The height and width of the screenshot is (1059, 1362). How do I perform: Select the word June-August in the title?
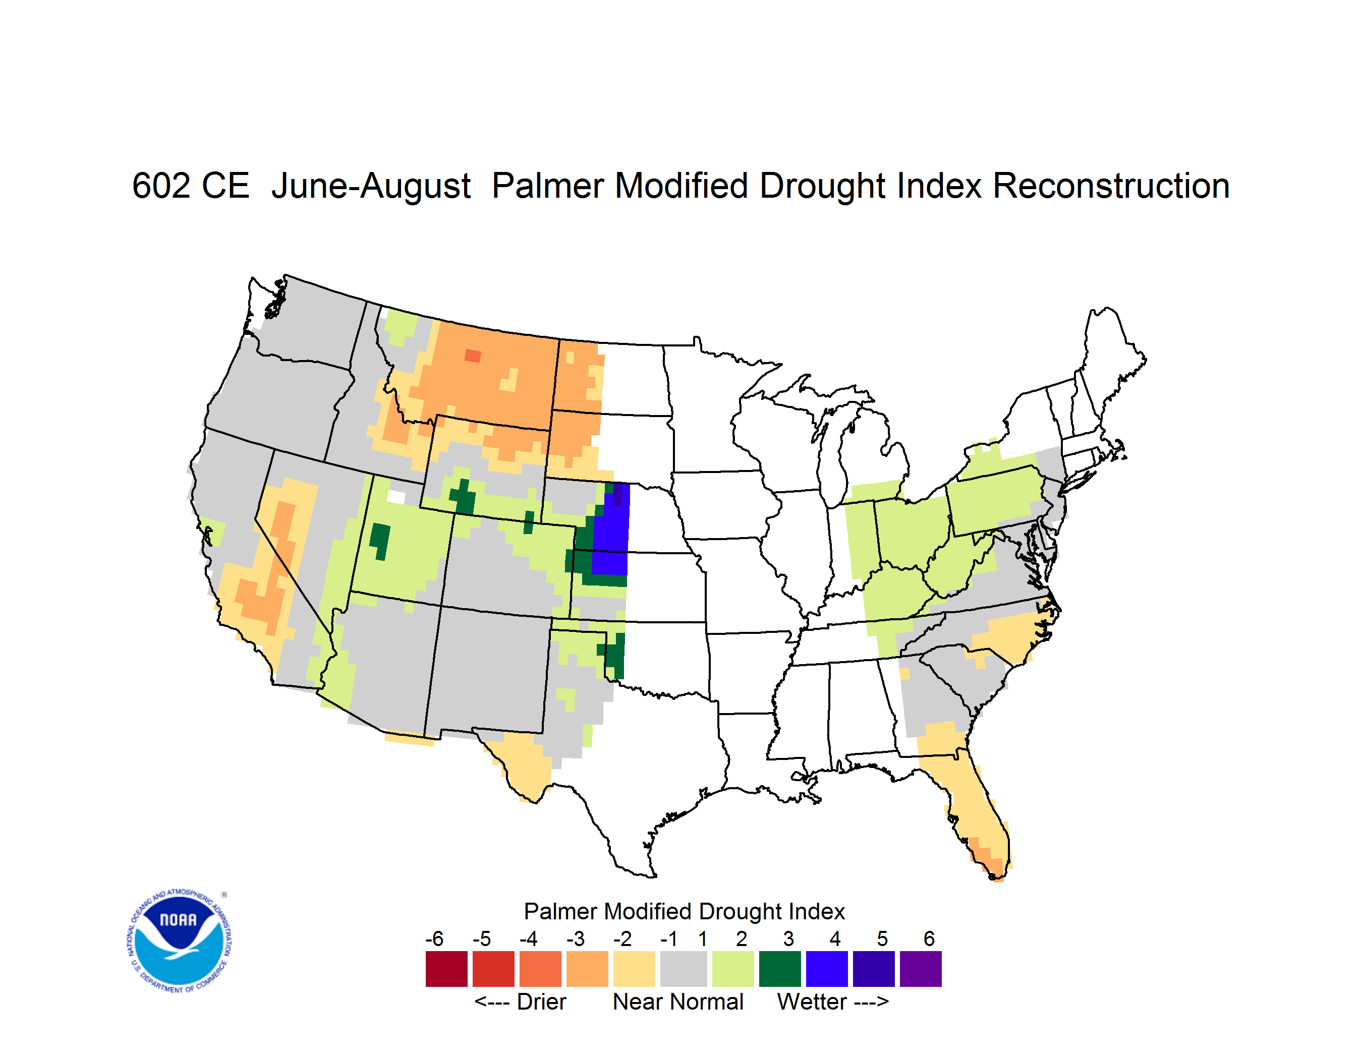click(371, 187)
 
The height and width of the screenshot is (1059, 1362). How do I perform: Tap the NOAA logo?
click(179, 941)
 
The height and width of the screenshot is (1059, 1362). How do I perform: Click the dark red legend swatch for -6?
click(446, 969)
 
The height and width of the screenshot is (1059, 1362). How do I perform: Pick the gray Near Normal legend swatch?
click(684, 969)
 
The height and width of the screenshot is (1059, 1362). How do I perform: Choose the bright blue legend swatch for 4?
click(827, 969)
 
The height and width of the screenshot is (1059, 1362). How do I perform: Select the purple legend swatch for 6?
click(921, 969)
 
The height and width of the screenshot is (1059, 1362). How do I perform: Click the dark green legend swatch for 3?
click(779, 969)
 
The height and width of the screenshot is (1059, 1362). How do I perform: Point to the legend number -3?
click(576, 938)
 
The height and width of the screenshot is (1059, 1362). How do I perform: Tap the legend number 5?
click(882, 938)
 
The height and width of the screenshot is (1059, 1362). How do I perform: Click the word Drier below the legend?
click(541, 1002)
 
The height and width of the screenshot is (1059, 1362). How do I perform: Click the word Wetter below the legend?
click(812, 1002)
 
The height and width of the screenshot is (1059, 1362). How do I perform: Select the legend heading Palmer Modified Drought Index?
click(684, 911)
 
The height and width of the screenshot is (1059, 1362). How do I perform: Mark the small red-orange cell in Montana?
click(473, 356)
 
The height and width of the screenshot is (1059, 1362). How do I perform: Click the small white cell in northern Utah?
click(396, 497)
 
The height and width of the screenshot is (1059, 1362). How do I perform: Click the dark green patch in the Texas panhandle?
click(614, 657)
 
